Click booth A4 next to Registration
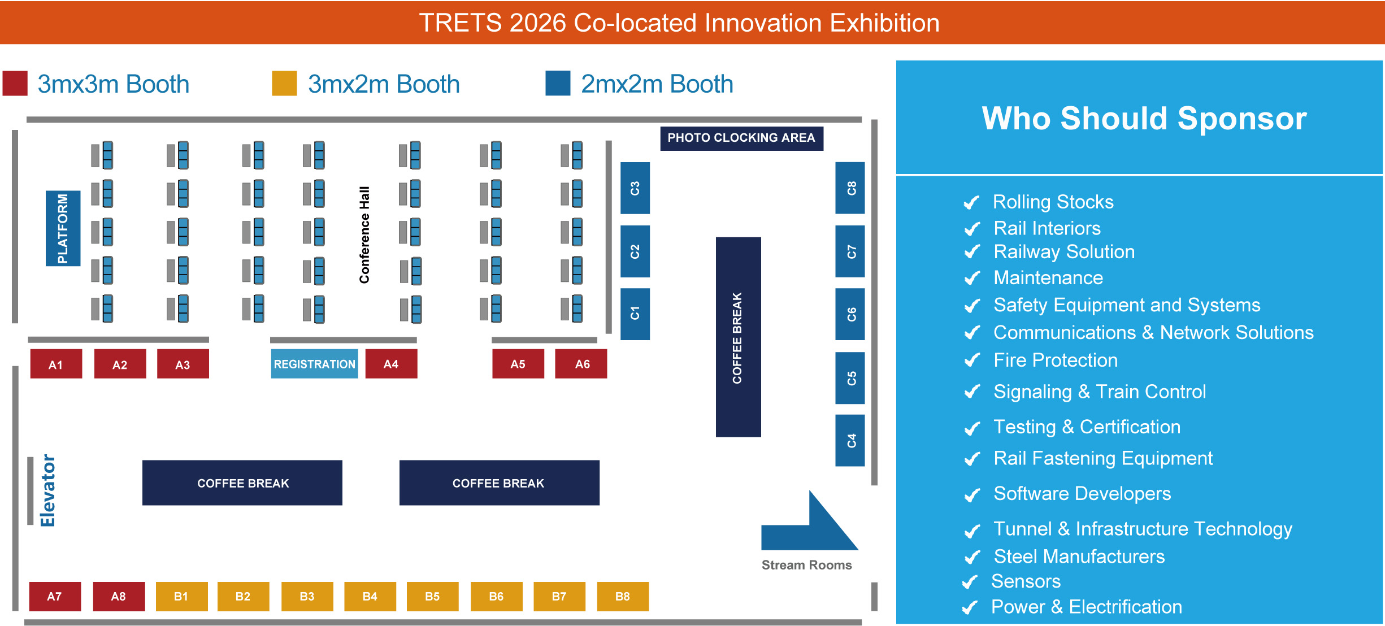point(391,364)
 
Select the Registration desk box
point(314,364)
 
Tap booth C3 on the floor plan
point(635,188)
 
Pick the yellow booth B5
point(432,597)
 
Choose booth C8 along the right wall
point(850,188)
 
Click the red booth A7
point(55,597)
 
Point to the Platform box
point(63,228)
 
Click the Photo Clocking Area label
point(741,138)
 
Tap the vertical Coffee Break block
point(738,337)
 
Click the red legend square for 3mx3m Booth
point(15,84)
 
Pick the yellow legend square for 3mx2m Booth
point(284,84)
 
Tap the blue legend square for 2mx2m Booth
point(558,84)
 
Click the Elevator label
point(47,490)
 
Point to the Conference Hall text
point(364,234)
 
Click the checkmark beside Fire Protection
point(972,360)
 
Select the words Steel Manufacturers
point(1079,557)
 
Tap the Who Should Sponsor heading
point(1144,118)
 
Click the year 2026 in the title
point(537,23)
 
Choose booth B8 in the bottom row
point(623,597)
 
